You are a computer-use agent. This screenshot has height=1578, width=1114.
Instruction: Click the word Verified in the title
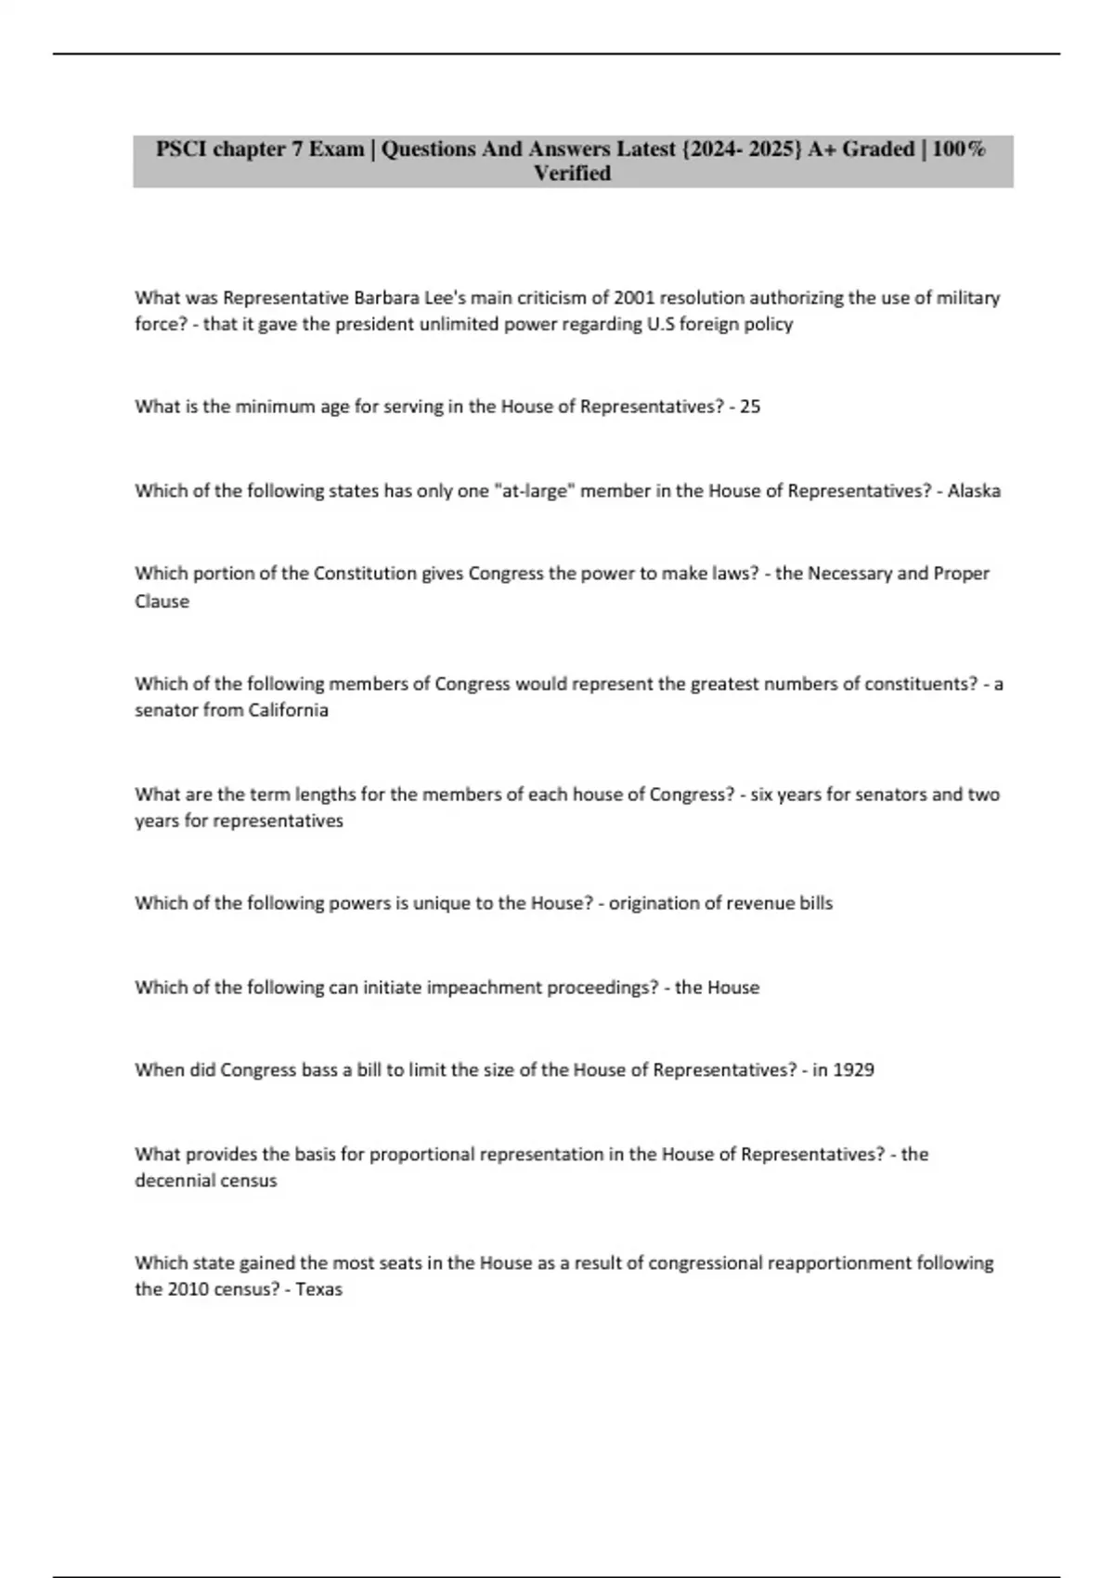coord(572,174)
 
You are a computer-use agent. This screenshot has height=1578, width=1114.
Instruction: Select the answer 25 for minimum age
coord(750,407)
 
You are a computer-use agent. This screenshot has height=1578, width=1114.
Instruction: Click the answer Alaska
coord(974,491)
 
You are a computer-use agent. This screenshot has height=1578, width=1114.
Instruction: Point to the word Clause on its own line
coord(162,601)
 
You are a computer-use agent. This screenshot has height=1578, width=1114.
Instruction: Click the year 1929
coord(853,1070)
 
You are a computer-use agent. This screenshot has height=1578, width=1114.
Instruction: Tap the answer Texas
coord(319,1289)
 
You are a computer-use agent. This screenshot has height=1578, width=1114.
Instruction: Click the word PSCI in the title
coord(181,149)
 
